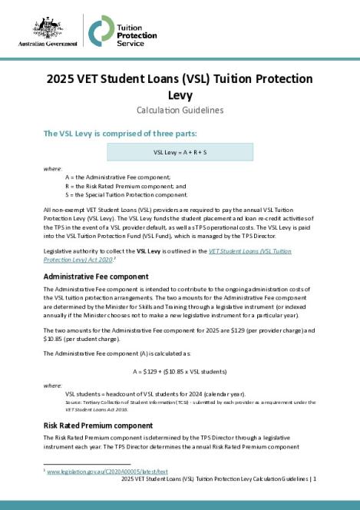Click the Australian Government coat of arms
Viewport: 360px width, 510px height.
48,27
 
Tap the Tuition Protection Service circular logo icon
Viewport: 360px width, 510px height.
101,31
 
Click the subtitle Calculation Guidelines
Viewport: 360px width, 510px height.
180,110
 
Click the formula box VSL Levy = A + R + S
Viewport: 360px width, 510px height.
180,152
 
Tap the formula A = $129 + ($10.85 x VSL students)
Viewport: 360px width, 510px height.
180,371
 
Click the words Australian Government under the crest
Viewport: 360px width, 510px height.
48,45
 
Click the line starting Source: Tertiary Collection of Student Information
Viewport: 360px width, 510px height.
184,401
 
